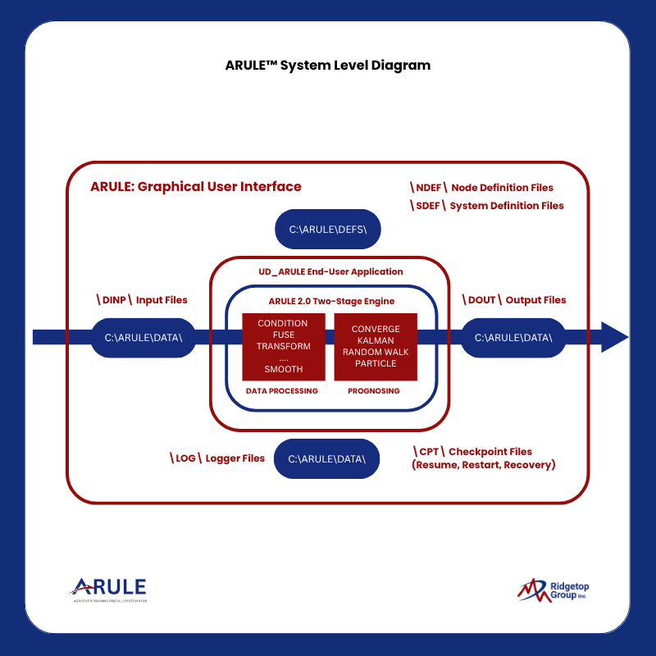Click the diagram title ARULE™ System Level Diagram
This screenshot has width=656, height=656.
tap(327, 66)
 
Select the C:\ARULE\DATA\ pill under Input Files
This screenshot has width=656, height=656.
tap(143, 337)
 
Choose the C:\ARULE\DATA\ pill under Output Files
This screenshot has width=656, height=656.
tap(513, 337)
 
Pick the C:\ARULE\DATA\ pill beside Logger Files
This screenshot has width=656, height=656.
tap(327, 458)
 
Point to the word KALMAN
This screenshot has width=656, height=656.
tap(376, 340)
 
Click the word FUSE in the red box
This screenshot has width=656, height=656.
tap(283, 335)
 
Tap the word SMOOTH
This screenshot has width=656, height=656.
tap(283, 369)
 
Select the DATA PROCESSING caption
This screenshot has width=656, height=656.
tap(282, 391)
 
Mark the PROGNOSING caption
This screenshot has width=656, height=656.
tap(376, 391)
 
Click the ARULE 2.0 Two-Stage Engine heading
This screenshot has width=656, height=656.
tap(331, 301)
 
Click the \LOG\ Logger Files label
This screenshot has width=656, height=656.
tap(217, 458)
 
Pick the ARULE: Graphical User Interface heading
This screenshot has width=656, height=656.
tap(196, 187)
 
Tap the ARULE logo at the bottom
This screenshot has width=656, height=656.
tap(108, 589)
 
